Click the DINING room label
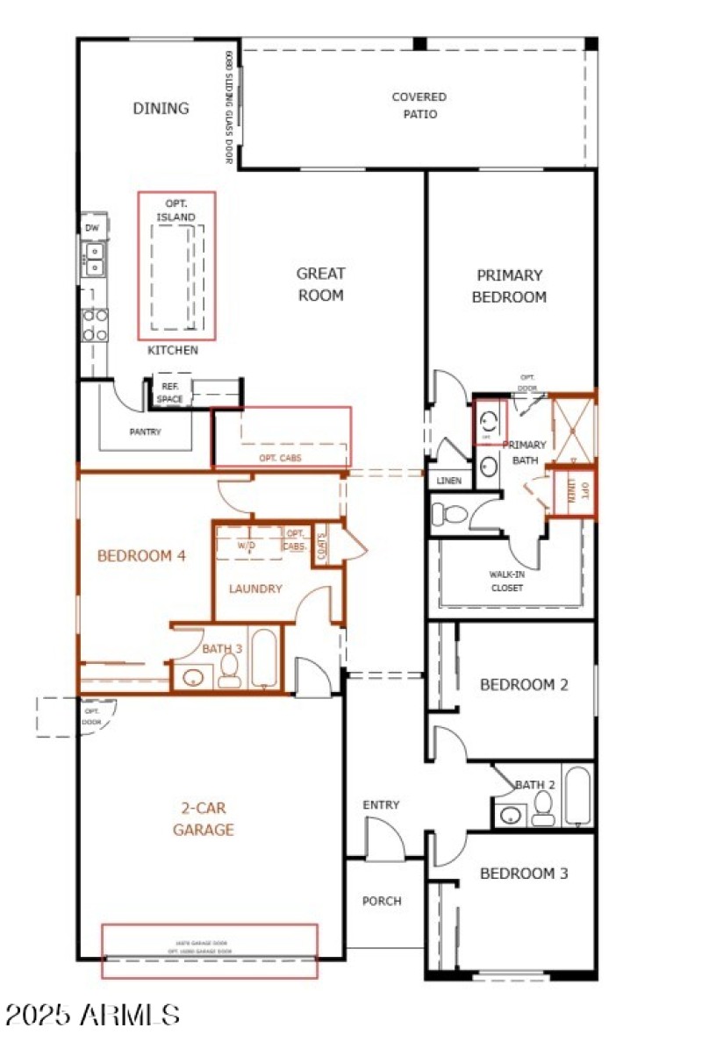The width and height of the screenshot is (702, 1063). tap(161, 109)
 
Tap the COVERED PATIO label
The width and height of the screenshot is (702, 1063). tap(419, 105)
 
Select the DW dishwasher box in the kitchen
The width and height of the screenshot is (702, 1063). tap(92, 227)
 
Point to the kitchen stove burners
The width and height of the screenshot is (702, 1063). tap(95, 324)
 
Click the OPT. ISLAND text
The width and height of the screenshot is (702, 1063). tap(175, 210)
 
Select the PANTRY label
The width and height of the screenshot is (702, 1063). tap(145, 432)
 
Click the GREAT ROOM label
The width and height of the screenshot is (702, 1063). tap(320, 284)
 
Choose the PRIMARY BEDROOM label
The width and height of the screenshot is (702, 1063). tap(509, 286)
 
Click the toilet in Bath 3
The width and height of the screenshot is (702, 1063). tap(230, 671)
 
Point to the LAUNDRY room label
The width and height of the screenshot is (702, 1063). tap(255, 589)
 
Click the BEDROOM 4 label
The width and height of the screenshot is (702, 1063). tap(140, 555)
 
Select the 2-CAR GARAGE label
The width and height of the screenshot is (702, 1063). tap(204, 818)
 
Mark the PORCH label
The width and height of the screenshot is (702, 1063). tap(382, 901)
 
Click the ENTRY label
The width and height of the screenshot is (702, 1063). tap(381, 805)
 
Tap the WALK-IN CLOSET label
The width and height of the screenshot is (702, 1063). tap(506, 581)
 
